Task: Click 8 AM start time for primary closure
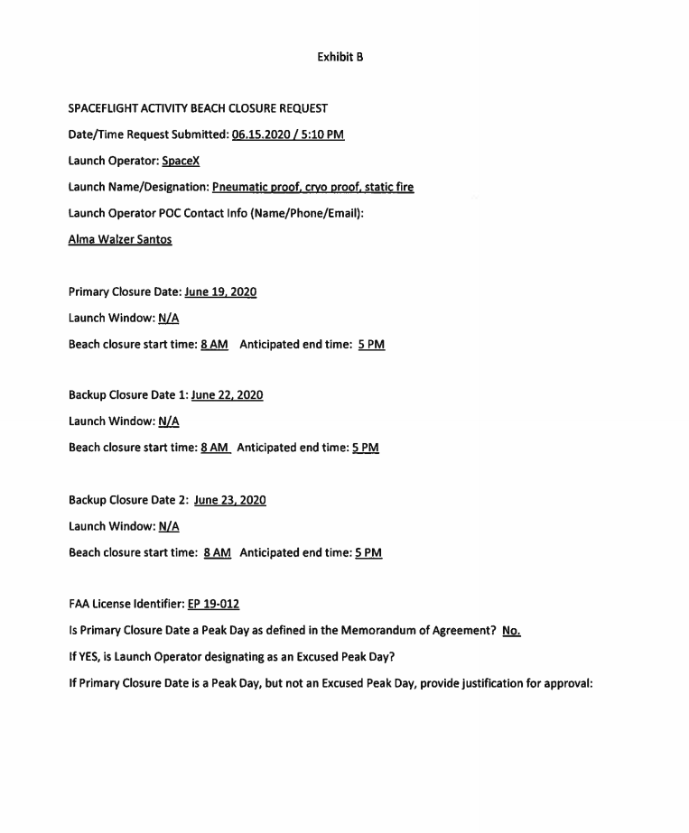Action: click(214, 345)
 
